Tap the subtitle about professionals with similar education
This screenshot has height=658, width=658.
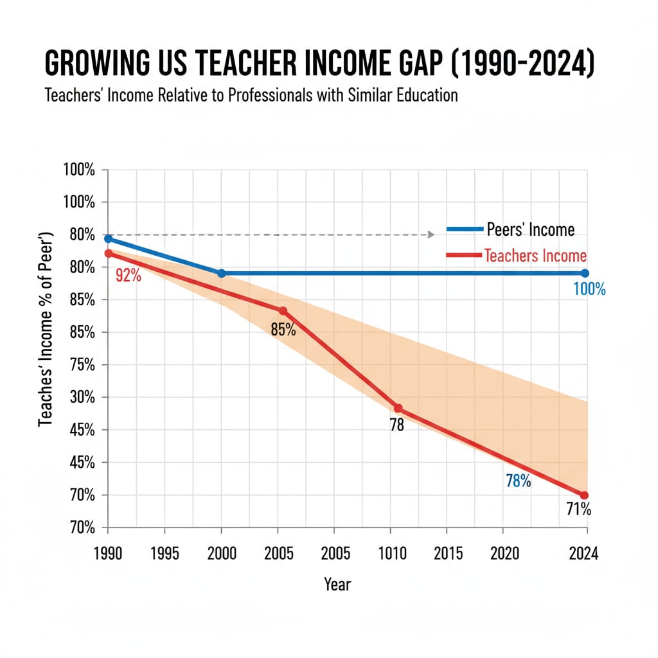251,95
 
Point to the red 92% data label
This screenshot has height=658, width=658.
128,277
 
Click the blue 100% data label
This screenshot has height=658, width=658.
589,289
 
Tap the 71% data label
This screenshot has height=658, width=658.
578,510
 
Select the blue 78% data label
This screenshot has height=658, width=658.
518,480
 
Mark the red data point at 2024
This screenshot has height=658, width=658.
584,495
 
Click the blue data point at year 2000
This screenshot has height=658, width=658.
222,273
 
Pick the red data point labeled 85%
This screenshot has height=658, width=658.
283,311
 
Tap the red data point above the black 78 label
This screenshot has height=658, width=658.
398,408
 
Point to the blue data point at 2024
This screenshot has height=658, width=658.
585,273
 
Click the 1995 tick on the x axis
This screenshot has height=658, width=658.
164,553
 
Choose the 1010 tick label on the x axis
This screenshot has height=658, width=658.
393,553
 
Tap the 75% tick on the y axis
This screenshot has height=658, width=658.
80,365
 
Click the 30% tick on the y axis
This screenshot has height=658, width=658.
80,397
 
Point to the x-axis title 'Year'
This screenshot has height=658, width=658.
337,583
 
